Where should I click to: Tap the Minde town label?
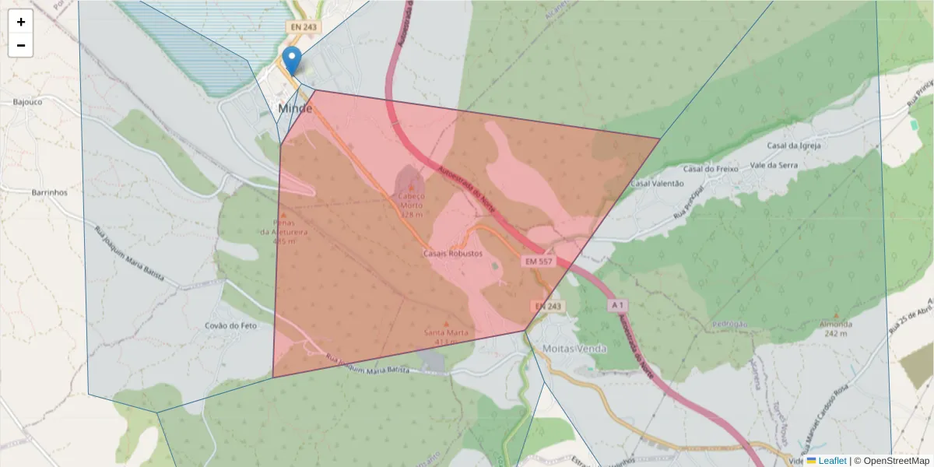pyautogui.click(x=295, y=109)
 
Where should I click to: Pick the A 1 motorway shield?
pyautogui.click(x=618, y=305)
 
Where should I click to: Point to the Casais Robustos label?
pyautogui.click(x=453, y=254)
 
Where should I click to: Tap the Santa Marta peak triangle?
pyautogui.click(x=446, y=323)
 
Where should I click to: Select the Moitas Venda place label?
pyautogui.click(x=574, y=349)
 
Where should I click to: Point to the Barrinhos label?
pyautogui.click(x=50, y=192)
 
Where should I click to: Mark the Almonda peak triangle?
pyautogui.click(x=836, y=314)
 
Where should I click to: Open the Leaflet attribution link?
pyautogui.click(x=831, y=461)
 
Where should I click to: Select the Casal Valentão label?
pyautogui.click(x=657, y=184)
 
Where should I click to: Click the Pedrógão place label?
pyautogui.click(x=729, y=324)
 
